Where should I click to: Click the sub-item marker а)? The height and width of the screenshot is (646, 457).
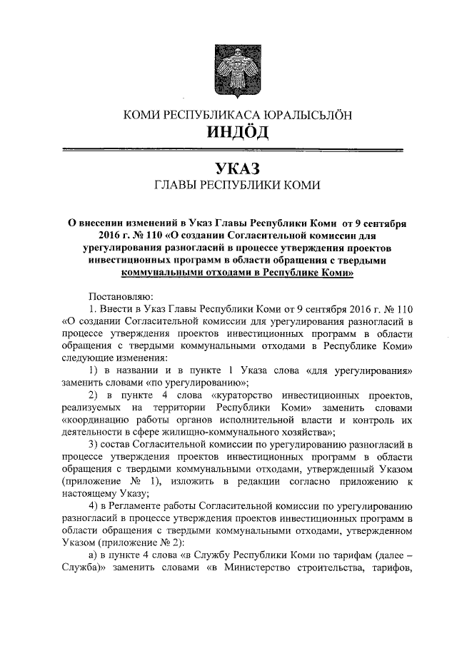coord(94,555)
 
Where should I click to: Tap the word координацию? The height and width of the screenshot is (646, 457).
coord(91,420)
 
